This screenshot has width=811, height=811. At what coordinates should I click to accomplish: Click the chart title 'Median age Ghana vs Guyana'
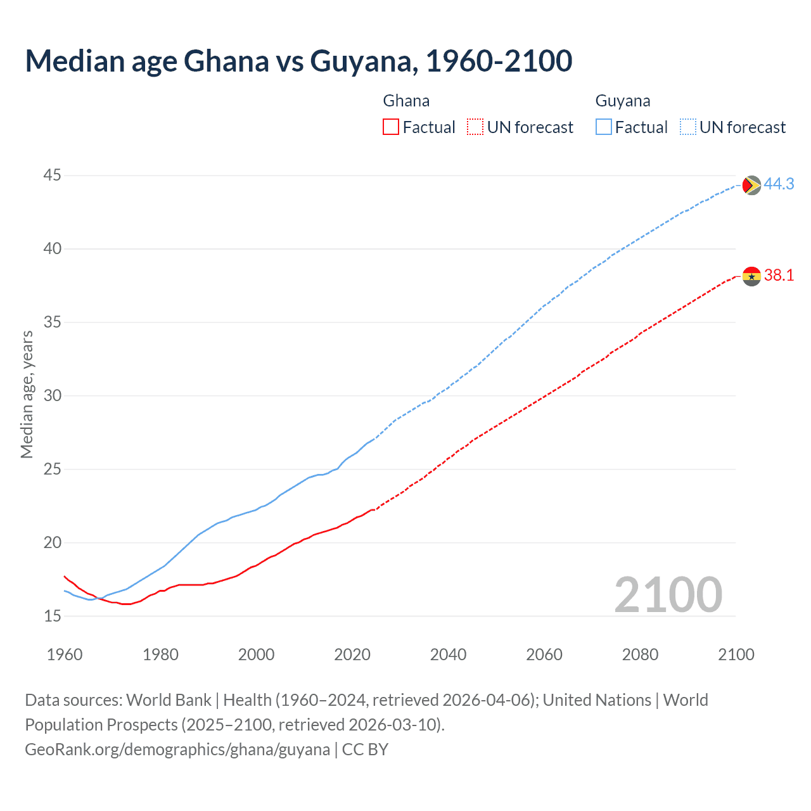click(298, 61)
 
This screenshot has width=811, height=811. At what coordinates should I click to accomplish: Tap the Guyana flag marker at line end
click(751, 185)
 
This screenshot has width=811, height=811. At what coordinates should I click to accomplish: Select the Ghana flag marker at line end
click(751, 276)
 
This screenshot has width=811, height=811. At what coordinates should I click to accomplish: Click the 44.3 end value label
click(779, 184)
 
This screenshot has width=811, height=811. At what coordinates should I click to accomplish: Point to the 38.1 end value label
click(779, 275)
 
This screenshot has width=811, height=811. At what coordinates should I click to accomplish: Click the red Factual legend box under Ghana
click(391, 127)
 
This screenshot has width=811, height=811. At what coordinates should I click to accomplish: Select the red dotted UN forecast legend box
click(475, 127)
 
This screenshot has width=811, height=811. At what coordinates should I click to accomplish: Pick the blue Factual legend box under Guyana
click(604, 127)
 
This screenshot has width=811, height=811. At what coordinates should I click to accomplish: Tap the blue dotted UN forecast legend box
click(688, 127)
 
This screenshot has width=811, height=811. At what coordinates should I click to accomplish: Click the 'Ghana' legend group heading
click(406, 101)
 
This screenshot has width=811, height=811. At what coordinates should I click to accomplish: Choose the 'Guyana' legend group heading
click(623, 101)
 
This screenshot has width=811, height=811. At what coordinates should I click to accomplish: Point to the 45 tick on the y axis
click(53, 175)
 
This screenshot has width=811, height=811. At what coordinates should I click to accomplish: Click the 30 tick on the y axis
click(53, 395)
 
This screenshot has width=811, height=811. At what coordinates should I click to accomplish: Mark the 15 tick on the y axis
click(53, 616)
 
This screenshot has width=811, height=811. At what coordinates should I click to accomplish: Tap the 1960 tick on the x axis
click(65, 655)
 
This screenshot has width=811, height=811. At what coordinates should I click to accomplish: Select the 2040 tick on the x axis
click(448, 655)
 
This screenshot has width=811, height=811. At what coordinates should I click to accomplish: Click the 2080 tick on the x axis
click(640, 655)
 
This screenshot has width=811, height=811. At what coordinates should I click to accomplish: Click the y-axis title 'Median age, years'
click(27, 394)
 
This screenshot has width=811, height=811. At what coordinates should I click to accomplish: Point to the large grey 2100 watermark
click(668, 594)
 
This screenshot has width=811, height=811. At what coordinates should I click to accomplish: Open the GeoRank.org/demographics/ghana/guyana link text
click(177, 750)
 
